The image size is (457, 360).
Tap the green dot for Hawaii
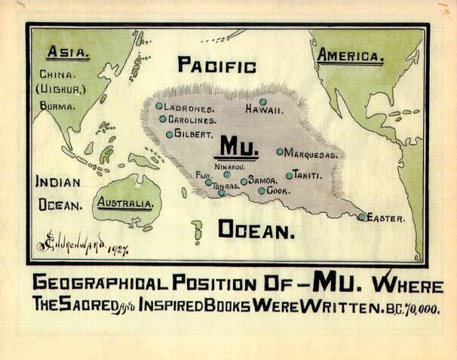[263, 102]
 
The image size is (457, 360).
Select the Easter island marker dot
[362, 217]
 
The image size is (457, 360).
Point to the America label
[351, 55]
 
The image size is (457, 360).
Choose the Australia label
[127, 204]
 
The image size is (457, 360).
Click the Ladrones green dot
[159, 106]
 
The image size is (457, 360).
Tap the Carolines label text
[192, 119]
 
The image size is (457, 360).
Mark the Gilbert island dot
[169, 135]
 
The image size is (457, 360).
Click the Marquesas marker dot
[280, 152]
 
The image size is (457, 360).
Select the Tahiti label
[308, 175]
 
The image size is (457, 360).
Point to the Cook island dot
[262, 191]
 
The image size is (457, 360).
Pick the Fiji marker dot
[209, 182]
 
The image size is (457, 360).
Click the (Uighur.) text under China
[59, 91]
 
